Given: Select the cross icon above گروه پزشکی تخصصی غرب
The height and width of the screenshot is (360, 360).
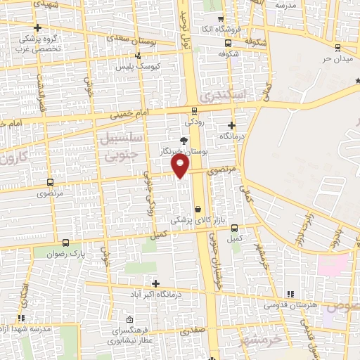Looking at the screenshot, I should coord(38,27).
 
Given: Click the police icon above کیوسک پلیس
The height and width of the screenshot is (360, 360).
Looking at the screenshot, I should coord(139,55).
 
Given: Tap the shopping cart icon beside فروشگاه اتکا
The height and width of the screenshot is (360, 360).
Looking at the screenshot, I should coord(221,19).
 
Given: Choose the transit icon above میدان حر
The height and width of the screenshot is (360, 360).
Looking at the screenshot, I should coord(339,47).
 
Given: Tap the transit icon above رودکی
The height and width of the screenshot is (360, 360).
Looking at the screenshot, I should coord(195,110).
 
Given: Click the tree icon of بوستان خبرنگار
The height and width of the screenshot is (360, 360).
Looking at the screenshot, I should coord(184,141).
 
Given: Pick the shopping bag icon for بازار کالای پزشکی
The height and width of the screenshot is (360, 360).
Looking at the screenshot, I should coord(198,208).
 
